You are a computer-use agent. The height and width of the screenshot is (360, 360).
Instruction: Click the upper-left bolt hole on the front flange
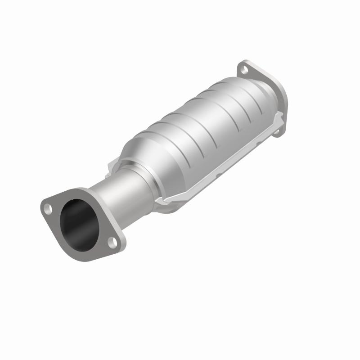[x=47, y=208]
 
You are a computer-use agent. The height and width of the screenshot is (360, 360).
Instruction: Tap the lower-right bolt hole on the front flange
[x=112, y=243]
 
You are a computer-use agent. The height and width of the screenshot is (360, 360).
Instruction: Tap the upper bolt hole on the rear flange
[x=243, y=70]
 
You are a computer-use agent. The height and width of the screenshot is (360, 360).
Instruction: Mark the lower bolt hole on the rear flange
[x=278, y=131]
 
